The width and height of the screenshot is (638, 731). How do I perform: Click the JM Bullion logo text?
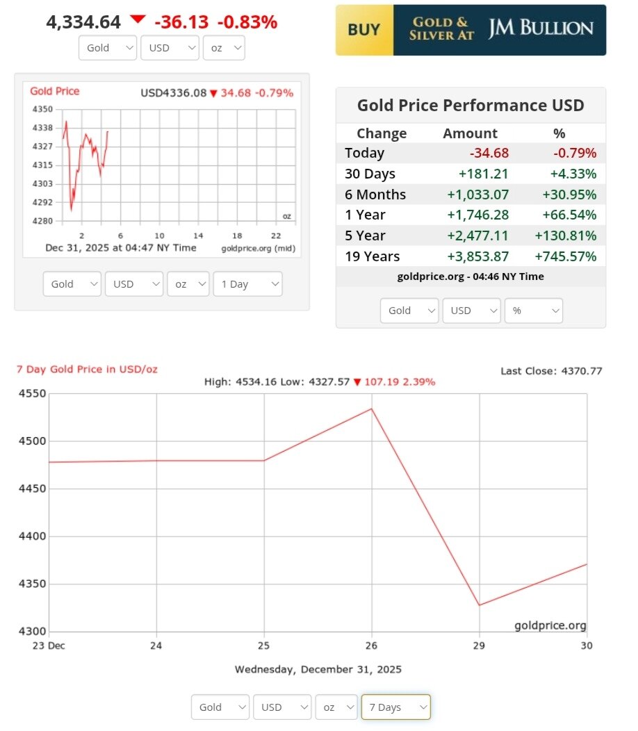click(541, 29)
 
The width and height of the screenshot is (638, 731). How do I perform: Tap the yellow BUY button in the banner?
click(363, 30)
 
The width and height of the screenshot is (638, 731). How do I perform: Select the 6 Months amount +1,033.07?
click(479, 195)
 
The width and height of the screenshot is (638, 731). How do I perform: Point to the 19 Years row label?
click(372, 256)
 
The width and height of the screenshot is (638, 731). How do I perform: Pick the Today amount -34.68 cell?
click(489, 153)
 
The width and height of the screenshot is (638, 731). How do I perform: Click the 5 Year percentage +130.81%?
click(565, 236)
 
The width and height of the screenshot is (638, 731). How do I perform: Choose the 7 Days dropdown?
click(395, 707)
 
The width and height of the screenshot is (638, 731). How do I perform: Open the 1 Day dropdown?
click(248, 284)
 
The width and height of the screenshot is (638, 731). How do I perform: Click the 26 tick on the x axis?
click(372, 646)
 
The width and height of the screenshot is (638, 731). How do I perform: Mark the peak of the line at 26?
click(372, 409)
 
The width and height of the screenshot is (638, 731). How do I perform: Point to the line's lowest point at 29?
click(479, 605)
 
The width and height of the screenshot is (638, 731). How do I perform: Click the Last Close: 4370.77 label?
click(551, 371)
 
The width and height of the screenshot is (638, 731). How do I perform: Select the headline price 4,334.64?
click(83, 22)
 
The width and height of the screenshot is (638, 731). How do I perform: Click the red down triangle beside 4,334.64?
click(138, 19)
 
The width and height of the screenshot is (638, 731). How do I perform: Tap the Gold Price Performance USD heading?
click(471, 106)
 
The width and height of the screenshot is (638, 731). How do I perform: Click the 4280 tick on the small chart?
click(42, 221)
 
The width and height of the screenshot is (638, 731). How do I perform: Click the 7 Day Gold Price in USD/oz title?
click(87, 369)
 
